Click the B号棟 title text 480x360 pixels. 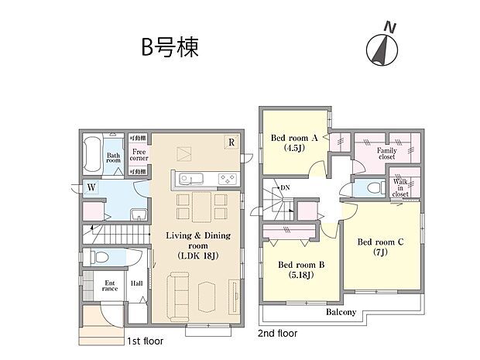click(170, 47)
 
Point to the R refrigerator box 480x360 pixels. click(230, 142)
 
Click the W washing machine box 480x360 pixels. click(91, 187)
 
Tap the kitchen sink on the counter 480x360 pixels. click(190, 179)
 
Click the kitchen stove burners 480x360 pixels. click(229, 179)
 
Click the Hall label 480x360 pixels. click(137, 284)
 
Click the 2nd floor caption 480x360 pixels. click(277, 334)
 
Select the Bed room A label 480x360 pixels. click(294, 142)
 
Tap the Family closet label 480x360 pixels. click(386, 153)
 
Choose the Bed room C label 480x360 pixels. click(380, 247)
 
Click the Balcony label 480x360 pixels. click(341, 313)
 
